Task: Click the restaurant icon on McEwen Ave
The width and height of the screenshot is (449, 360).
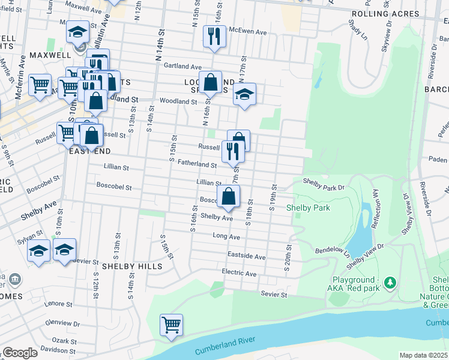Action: point(214,37)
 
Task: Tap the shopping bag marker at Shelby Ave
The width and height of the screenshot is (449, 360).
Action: point(229,196)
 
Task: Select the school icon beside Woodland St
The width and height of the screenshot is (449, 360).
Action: point(244,94)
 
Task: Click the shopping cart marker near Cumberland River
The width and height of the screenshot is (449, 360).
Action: point(171,325)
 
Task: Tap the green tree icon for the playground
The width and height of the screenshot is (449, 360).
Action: point(390,282)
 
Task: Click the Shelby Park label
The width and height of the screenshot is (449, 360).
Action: point(308,208)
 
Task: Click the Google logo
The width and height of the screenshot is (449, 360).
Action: point(20,353)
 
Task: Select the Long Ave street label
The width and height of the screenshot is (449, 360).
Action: point(226,236)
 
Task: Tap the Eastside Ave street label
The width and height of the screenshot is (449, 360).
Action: point(246,256)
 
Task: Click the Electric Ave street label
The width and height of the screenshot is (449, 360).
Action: point(239,274)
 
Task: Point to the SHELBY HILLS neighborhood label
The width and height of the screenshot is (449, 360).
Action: point(131,266)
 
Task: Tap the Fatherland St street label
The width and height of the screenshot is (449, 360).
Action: point(197,164)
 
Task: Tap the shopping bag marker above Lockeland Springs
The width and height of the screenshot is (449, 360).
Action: point(211,83)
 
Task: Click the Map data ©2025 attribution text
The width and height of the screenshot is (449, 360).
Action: point(423,355)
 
